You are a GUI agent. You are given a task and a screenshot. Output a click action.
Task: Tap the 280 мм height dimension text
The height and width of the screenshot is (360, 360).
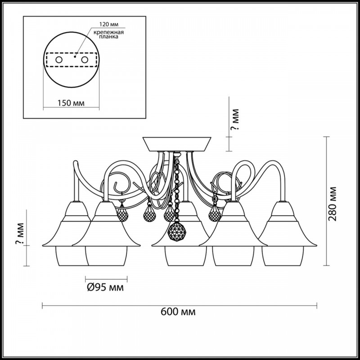[x=333, y=203]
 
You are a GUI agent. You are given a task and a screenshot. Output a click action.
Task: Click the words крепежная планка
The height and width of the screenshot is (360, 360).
[x=109, y=35]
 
